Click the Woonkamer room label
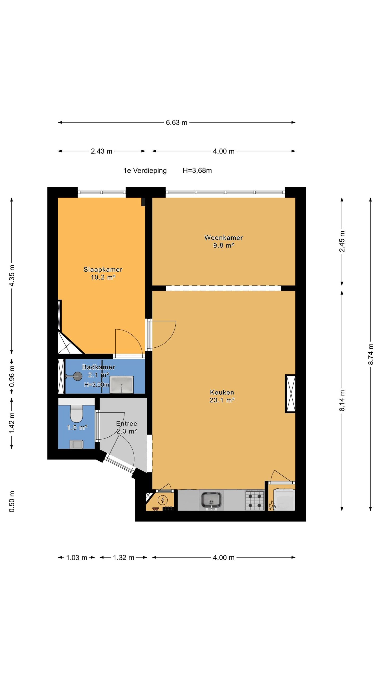(223, 237)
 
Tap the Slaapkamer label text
(103, 269)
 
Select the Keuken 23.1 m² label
(222, 396)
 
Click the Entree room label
(127, 423)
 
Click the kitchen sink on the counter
(211, 499)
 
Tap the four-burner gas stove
(255, 500)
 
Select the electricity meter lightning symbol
(162, 500)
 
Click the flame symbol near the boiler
(271, 505)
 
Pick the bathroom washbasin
(121, 385)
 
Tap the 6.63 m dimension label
(177, 122)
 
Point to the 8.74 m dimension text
(371, 354)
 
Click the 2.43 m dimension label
(102, 151)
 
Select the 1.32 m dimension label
(124, 558)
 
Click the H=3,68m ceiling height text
(197, 171)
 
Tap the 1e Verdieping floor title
(145, 171)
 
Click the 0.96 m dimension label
(12, 376)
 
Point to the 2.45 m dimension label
(342, 241)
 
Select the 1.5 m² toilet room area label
(77, 427)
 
